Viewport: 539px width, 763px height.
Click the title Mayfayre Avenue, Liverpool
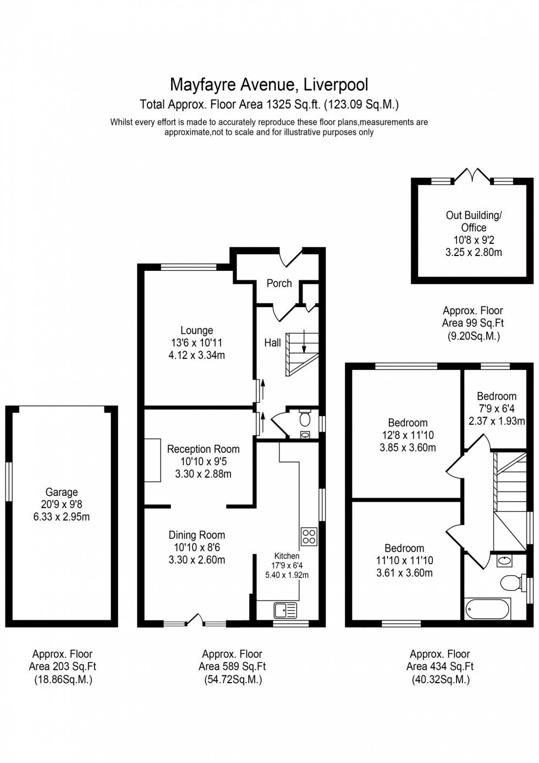pos(269,84)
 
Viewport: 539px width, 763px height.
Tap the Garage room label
pos(62,492)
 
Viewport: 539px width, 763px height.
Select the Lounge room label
pos(196,330)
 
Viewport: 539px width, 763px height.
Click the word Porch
pos(279,283)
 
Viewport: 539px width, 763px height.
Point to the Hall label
pos(272,342)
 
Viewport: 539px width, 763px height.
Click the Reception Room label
pos(203,449)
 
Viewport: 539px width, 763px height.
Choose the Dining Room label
pos(196,535)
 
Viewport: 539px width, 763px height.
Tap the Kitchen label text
pos(287,556)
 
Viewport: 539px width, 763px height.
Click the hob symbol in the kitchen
pos(309,536)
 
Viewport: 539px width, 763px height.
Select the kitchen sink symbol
pos(285,610)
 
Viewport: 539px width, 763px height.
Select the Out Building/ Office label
pos(474,221)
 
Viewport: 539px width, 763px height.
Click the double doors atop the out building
pos(472,176)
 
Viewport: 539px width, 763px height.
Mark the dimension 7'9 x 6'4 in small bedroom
pos(496,408)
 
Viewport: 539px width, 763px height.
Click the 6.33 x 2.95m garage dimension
pos(62,517)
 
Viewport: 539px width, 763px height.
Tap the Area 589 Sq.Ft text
pos(232,666)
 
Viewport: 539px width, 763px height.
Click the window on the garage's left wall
pos(9,482)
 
